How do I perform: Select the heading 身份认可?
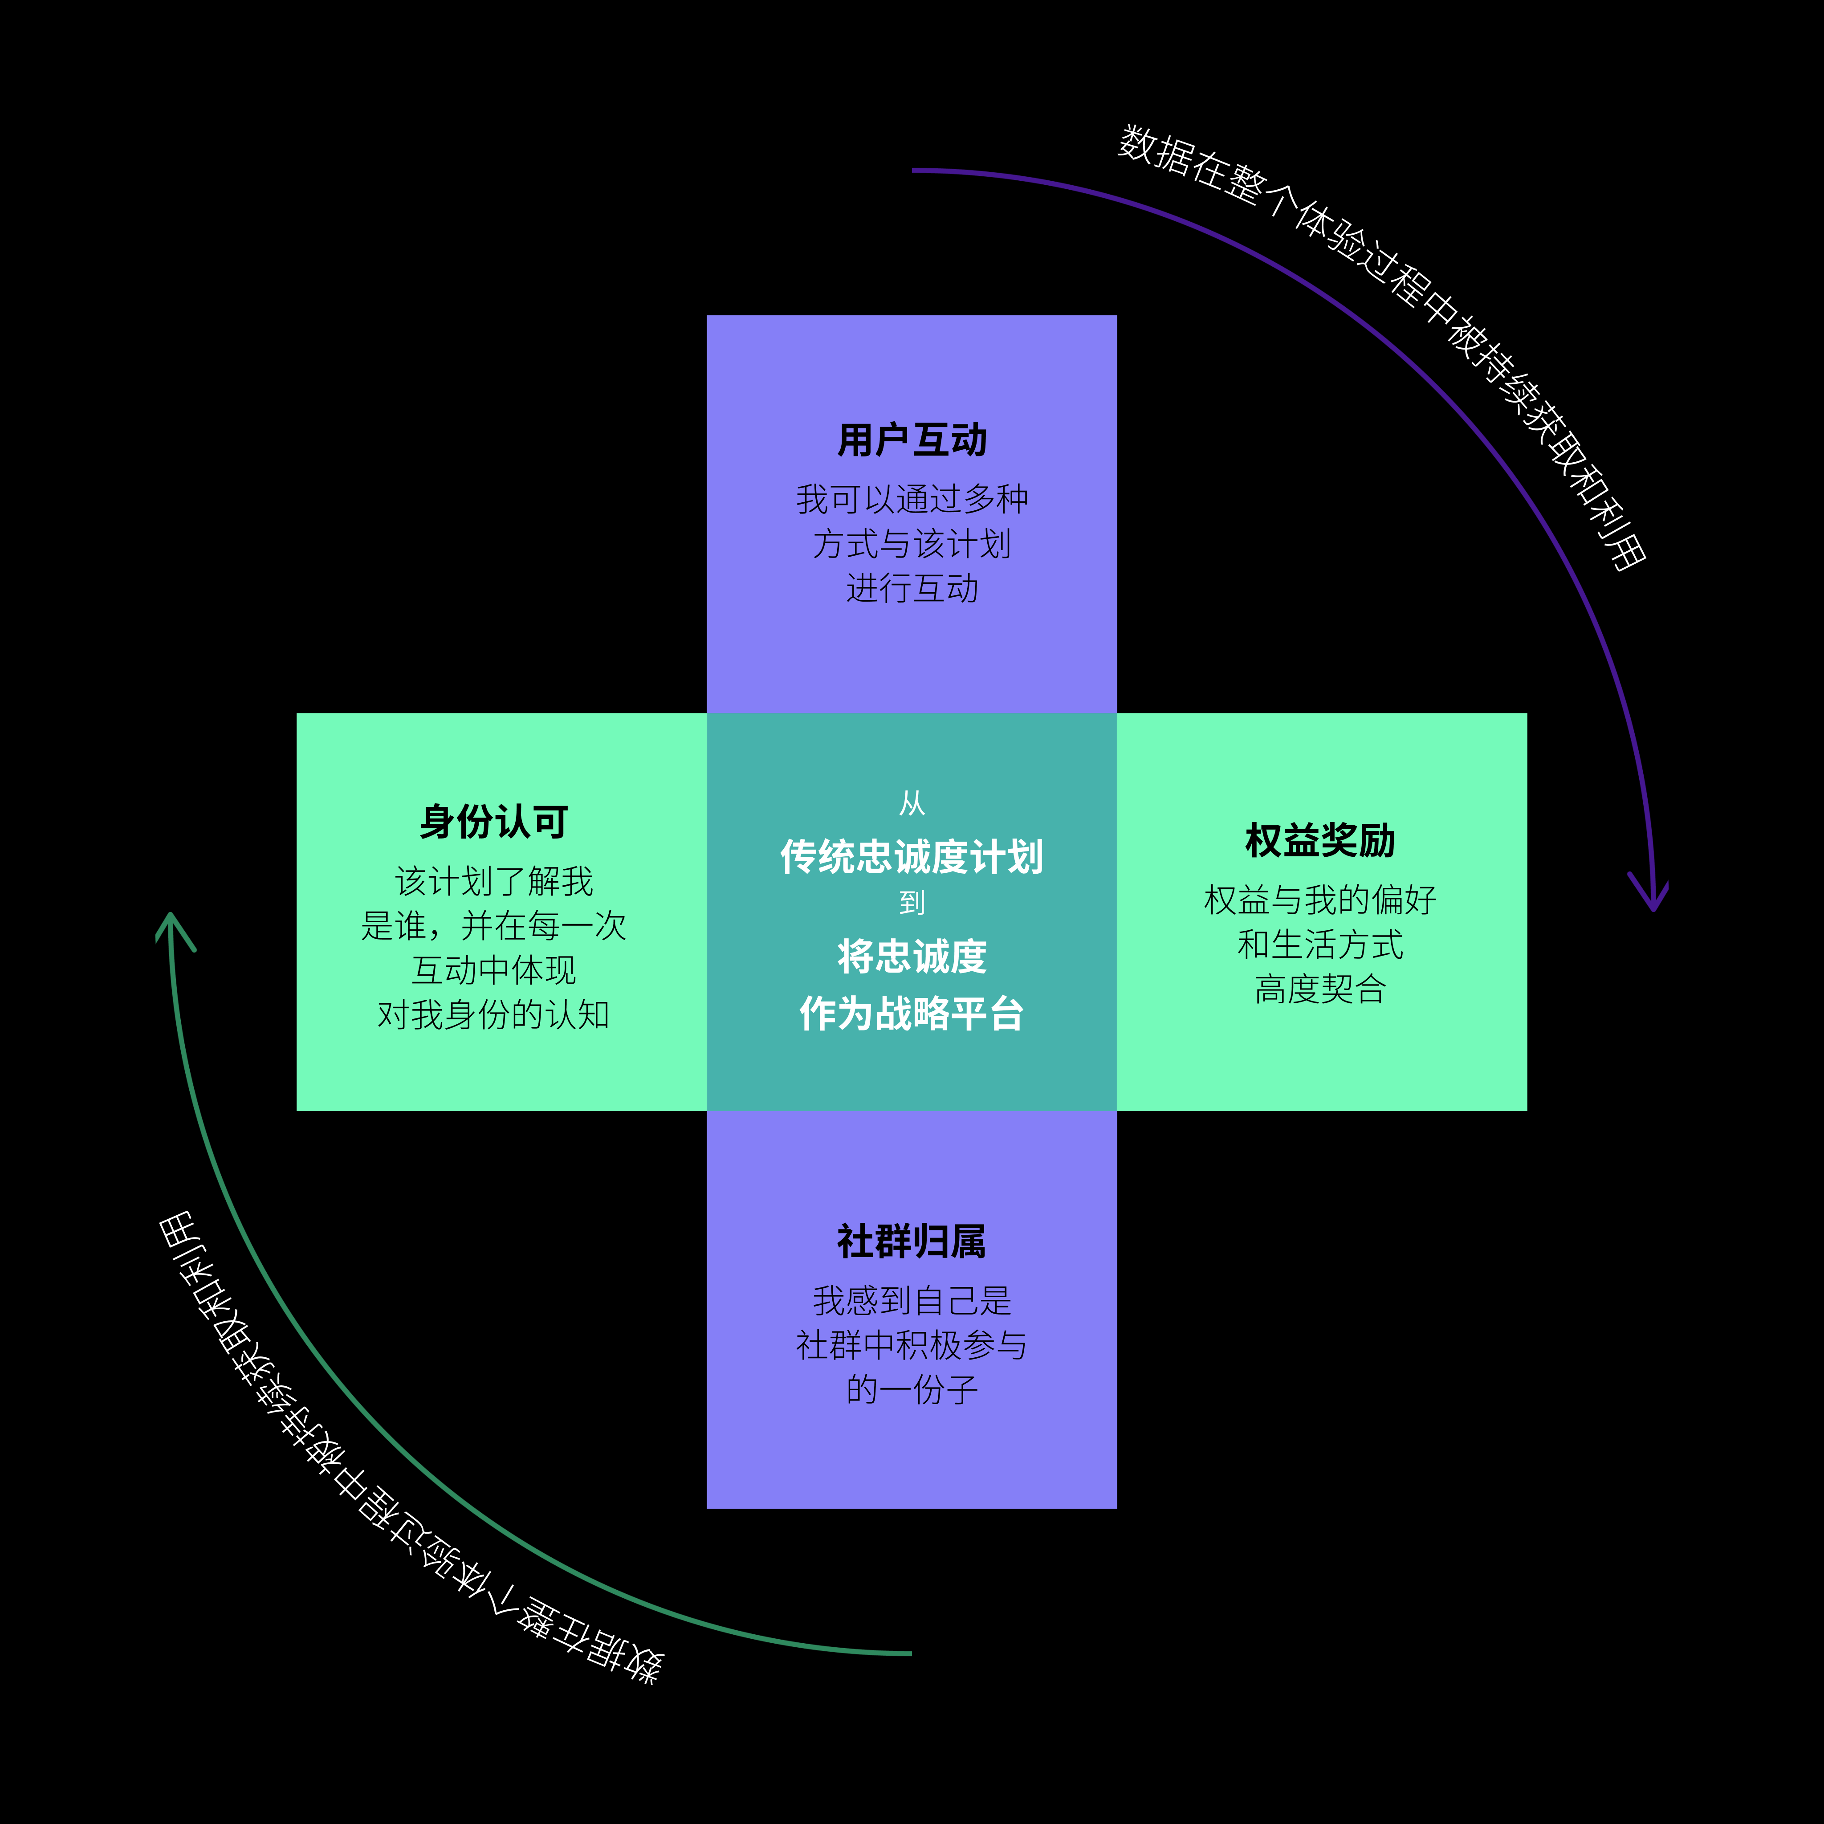coord(494,821)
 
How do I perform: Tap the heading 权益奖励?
coord(1320,840)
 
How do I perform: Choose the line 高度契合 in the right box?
coord(1320,989)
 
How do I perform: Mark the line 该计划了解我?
coord(494,881)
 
